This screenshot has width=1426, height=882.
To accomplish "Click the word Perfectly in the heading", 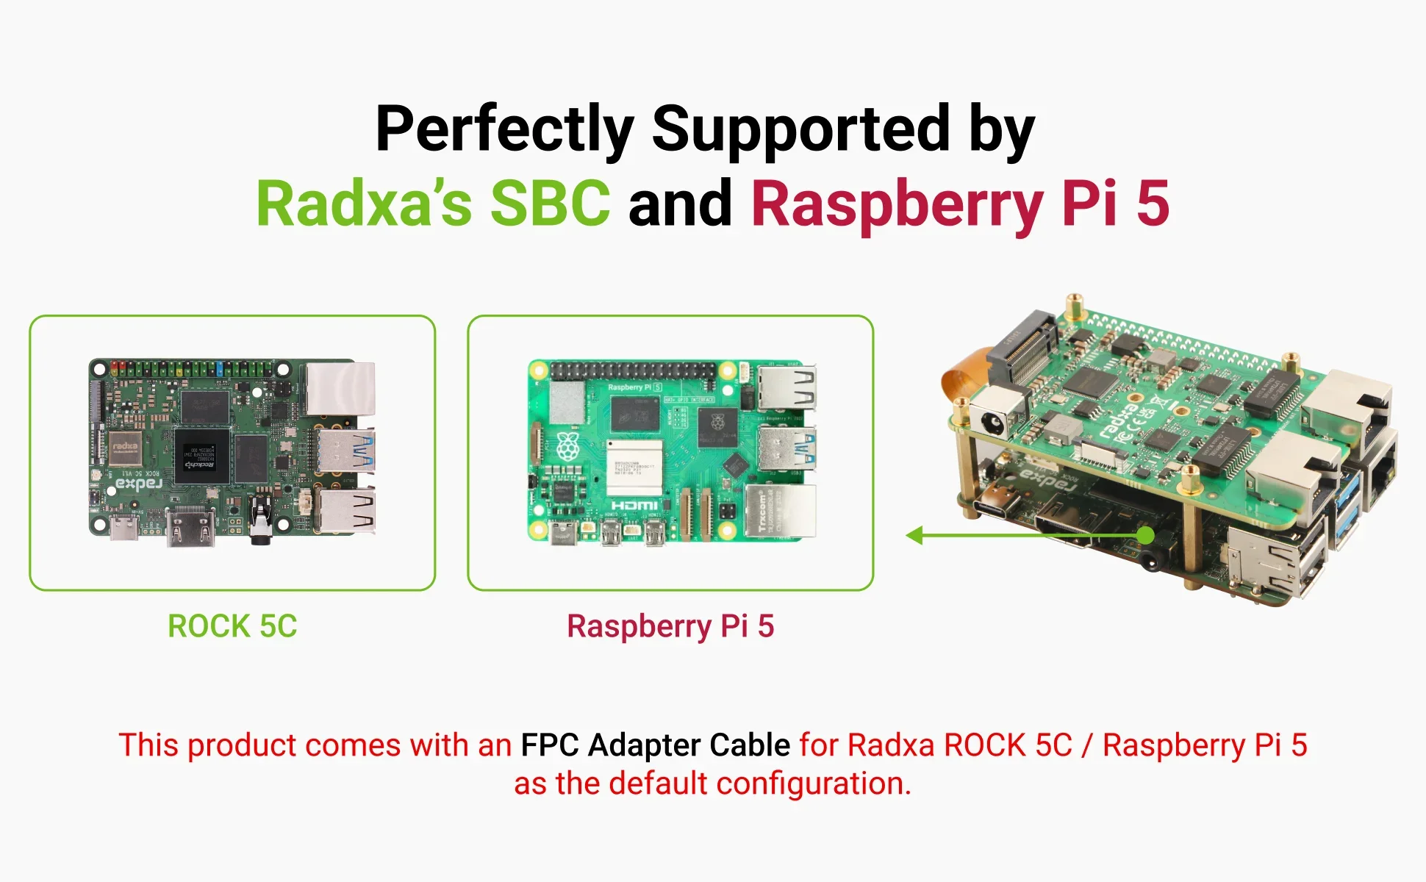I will click(x=504, y=129).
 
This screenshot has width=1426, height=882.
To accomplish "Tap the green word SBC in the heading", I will click(x=550, y=204).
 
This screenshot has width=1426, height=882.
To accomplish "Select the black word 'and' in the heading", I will click(x=680, y=204).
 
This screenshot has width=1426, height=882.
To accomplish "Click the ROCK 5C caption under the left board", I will click(x=232, y=626).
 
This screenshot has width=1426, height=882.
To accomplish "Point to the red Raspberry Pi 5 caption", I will click(x=670, y=626).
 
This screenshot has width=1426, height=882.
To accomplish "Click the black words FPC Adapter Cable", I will click(x=655, y=745).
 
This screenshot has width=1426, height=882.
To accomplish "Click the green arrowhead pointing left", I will click(x=915, y=535).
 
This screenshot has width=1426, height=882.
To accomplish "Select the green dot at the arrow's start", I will click(x=1144, y=535).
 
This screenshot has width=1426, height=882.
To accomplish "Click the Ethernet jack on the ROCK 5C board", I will click(x=341, y=389).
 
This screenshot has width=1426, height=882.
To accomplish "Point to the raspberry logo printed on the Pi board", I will click(x=567, y=447).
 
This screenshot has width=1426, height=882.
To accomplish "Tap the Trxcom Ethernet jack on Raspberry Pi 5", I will click(x=779, y=511).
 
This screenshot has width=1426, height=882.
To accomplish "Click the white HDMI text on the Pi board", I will click(x=634, y=506).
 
